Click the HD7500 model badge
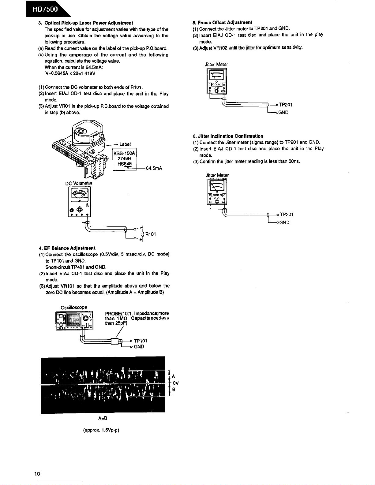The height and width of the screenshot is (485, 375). (46, 9)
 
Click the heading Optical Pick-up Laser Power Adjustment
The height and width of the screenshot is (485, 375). (89, 23)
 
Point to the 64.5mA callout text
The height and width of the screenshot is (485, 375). (154, 168)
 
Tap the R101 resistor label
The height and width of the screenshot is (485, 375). (151, 234)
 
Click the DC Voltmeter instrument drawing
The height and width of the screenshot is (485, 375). (79, 201)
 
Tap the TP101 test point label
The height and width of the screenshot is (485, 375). (141, 341)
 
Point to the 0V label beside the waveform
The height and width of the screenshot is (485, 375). (175, 383)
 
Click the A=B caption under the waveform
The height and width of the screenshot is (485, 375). (103, 418)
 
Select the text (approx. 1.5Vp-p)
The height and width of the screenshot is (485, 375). (101, 430)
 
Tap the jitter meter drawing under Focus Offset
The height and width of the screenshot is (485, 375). (217, 81)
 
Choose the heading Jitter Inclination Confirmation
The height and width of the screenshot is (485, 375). (231, 136)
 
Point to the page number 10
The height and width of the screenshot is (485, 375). (37, 474)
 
